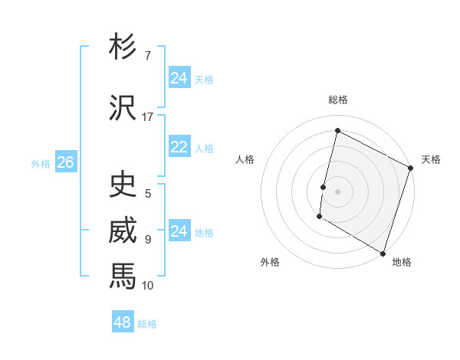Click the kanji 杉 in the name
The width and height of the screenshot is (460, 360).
(123, 47)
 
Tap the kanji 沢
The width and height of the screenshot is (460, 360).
(123, 108)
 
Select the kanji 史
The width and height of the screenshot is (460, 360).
(123, 185)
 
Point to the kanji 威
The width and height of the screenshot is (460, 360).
(123, 231)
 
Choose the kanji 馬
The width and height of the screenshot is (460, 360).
(123, 277)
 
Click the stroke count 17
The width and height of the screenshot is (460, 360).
(147, 117)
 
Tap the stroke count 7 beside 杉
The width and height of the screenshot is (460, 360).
(147, 56)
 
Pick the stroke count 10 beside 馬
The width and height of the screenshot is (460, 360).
(147, 286)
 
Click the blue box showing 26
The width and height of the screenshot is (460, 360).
(65, 162)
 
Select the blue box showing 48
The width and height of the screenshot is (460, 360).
(123, 322)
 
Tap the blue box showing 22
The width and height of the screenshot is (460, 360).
(179, 147)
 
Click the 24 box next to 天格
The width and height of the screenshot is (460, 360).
(179, 78)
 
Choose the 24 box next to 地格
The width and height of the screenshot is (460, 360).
(179, 231)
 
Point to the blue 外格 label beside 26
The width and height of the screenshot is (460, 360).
(41, 163)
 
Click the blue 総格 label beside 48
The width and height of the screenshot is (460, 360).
(147, 324)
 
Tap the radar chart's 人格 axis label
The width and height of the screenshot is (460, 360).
(245, 159)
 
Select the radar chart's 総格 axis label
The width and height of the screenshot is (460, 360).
(338, 100)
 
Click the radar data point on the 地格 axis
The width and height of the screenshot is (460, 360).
(383, 253)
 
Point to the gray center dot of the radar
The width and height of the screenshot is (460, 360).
(337, 191)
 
